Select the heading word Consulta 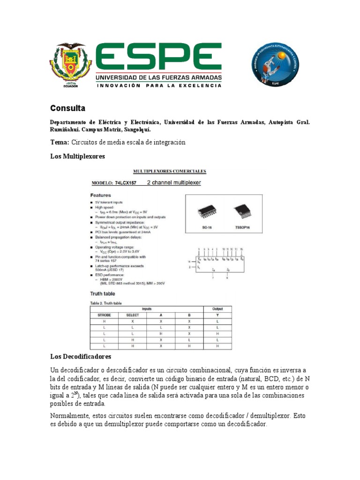tap(68, 108)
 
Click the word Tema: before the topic tap(60, 142)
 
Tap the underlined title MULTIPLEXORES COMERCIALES tap(164, 171)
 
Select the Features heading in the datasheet tap(100, 195)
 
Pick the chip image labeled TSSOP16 tap(242, 212)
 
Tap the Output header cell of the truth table tap(217, 309)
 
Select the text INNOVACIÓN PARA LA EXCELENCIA tap(159, 86)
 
